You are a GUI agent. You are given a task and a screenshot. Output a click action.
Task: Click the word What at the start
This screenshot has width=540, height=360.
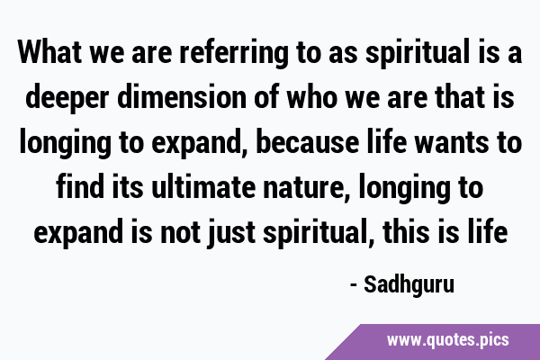pos(49,52)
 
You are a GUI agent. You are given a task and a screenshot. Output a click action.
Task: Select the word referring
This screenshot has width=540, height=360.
pos(234,54)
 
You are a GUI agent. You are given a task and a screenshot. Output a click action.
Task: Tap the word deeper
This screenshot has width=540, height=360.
pos(67,98)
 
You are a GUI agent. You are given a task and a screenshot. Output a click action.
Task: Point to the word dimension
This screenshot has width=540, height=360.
pos(182,97)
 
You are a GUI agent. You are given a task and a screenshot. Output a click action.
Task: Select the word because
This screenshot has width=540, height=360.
pos(307,142)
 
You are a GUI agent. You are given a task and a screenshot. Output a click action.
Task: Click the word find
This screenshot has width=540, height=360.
pos(80,186)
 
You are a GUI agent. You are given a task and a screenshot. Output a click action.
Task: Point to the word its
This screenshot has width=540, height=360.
pos(128,186)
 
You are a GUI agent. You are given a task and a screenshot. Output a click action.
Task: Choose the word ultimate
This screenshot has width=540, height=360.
pos(203,186)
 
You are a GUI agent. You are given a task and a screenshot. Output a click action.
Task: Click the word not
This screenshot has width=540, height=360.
pos(180,232)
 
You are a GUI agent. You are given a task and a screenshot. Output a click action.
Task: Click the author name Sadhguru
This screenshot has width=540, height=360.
pos(409,285)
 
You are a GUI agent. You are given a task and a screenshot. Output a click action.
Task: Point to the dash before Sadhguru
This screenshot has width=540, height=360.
pos(354,285)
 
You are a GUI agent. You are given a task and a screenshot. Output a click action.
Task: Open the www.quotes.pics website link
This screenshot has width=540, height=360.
pos(447,340)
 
